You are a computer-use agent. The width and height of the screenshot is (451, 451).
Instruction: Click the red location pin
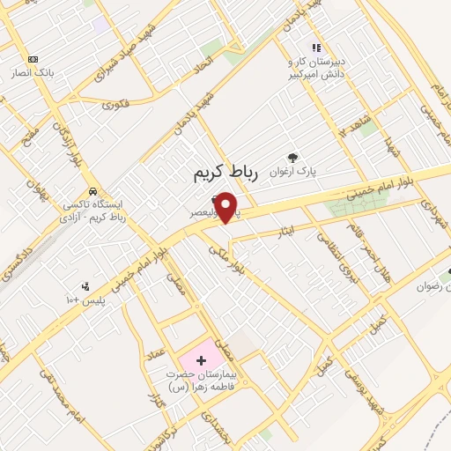(x=227, y=208)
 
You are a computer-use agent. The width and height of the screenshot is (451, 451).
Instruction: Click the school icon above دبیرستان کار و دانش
(x=314, y=48)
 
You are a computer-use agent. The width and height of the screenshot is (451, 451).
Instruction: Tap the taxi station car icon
(x=92, y=191)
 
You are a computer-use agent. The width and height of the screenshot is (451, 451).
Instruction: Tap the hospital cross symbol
(x=201, y=359)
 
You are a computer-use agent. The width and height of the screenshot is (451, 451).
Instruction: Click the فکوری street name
(x=115, y=104)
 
